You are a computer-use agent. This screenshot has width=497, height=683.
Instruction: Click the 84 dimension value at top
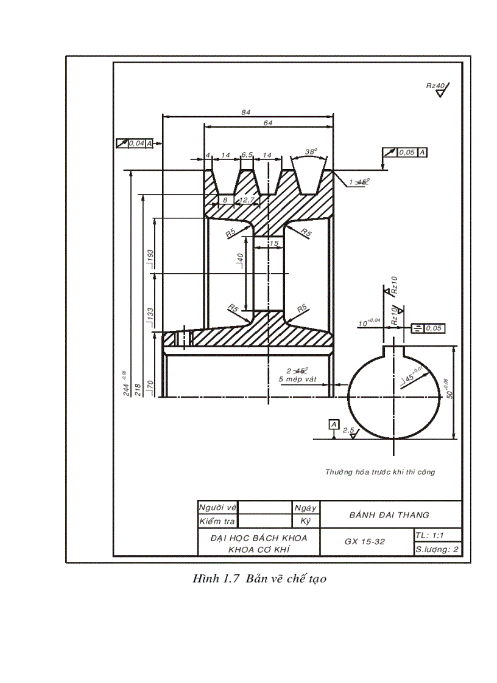click(246, 113)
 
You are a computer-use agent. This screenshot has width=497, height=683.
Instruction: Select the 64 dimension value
click(268, 123)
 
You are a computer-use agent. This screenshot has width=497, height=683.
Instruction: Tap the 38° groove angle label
click(311, 151)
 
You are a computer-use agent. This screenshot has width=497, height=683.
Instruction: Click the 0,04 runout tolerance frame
click(134, 144)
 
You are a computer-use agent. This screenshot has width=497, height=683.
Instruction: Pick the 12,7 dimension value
click(247, 199)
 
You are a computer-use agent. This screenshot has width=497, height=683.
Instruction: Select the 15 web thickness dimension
click(273, 243)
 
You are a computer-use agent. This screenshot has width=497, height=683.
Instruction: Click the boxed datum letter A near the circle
click(333, 424)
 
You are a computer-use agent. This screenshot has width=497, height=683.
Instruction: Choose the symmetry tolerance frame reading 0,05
click(428, 328)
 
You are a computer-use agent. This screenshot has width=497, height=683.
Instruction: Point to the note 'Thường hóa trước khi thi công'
click(380, 471)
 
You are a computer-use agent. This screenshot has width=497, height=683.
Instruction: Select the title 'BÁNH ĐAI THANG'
click(389, 515)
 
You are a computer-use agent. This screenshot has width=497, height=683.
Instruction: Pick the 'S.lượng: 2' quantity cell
click(436, 549)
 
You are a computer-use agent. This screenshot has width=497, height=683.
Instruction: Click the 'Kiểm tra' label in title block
click(217, 521)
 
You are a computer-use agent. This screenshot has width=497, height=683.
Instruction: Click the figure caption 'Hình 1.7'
click(217, 579)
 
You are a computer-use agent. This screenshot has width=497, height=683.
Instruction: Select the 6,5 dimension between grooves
click(247, 155)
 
